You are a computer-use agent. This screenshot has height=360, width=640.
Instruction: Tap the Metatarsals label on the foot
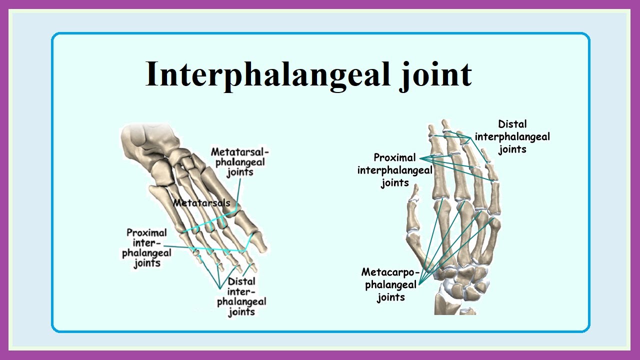[202, 203]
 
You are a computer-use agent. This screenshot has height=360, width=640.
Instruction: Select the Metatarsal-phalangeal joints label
[239, 161]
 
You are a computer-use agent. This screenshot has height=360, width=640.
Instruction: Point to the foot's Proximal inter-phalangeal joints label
[146, 247]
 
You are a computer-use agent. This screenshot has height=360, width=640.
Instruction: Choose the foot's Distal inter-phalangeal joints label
[241, 296]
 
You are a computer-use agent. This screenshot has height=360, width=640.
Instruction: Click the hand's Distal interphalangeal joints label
[512, 136]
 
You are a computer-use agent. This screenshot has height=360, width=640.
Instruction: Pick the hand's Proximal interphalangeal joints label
[395, 170]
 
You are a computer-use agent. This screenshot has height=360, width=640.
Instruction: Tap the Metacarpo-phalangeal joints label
[390, 284]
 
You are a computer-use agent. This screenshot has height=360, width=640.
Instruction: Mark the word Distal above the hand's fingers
[512, 124]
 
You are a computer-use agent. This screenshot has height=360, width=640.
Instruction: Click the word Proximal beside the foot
[146, 232]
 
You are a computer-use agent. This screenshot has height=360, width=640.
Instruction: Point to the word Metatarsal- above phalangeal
[239, 151]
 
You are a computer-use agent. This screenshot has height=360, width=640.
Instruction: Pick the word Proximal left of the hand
[394, 158]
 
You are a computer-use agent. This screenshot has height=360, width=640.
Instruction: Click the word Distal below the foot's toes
[241, 281]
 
